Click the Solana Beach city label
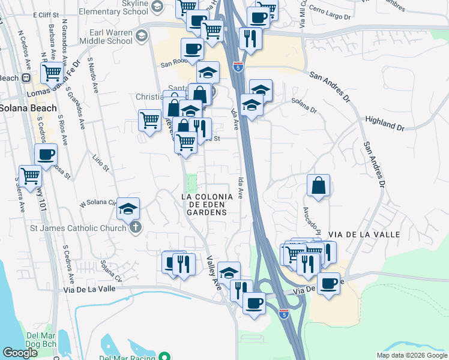tap(29, 108)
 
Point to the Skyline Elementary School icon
tap(157, 7)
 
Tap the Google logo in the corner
tap(20, 352)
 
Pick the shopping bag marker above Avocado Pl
tap(319, 185)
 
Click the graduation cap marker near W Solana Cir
tap(128, 208)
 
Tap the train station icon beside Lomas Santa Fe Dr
tap(26, 77)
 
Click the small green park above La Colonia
tap(191, 181)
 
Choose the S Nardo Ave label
tap(93, 74)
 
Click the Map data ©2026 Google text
tap(411, 355)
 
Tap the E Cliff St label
tap(49, 14)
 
